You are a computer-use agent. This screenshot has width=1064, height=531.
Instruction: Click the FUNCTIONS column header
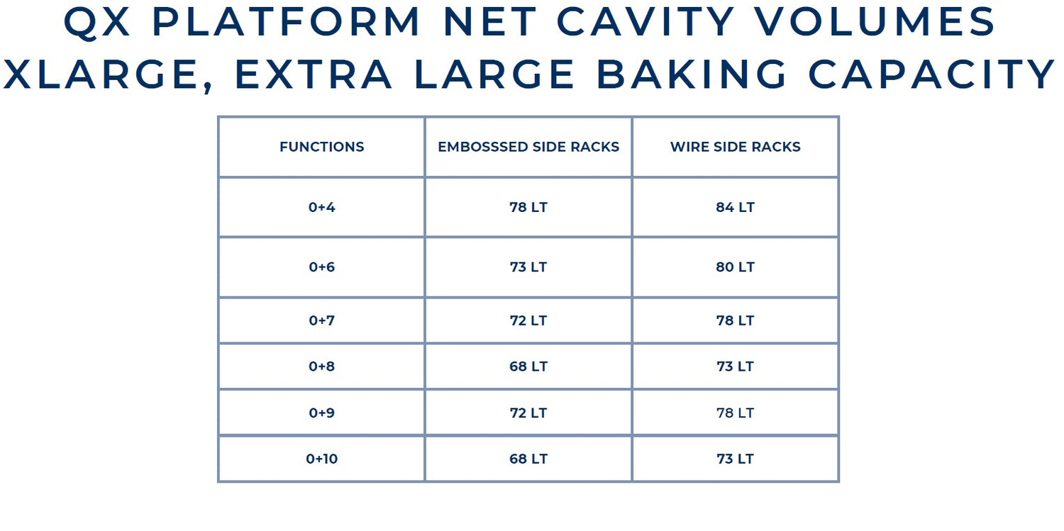pos(321,147)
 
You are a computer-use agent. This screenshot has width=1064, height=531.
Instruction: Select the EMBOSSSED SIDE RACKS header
pos(528,147)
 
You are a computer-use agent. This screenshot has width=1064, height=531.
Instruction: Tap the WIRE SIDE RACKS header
pos(735,147)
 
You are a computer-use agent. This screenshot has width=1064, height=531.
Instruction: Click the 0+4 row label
pos(321,207)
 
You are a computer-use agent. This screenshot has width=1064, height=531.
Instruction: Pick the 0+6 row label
pos(321,267)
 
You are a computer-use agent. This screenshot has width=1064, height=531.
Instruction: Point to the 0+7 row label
pos(321,320)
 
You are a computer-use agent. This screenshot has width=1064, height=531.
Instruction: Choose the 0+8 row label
pos(321,367)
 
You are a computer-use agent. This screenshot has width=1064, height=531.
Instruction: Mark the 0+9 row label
pos(321,413)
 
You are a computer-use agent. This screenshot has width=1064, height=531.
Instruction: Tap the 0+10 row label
pos(321,459)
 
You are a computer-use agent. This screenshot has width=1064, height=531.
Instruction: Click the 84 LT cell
pos(735,207)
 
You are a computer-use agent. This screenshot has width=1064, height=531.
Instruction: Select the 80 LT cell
pos(735,267)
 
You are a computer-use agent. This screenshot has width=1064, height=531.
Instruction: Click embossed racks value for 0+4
pos(528,207)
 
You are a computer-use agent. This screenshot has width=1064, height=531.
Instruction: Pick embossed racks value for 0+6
pos(528,267)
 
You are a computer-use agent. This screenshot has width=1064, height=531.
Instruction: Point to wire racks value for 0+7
pos(735,320)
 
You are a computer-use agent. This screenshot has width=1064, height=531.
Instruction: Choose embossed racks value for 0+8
pos(528,367)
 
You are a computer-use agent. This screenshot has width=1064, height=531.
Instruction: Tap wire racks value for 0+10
pos(735,459)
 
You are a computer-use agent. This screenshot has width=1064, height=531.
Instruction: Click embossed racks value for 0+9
pos(528,413)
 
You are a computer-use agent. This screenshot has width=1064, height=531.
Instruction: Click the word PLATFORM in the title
pos(286,21)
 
